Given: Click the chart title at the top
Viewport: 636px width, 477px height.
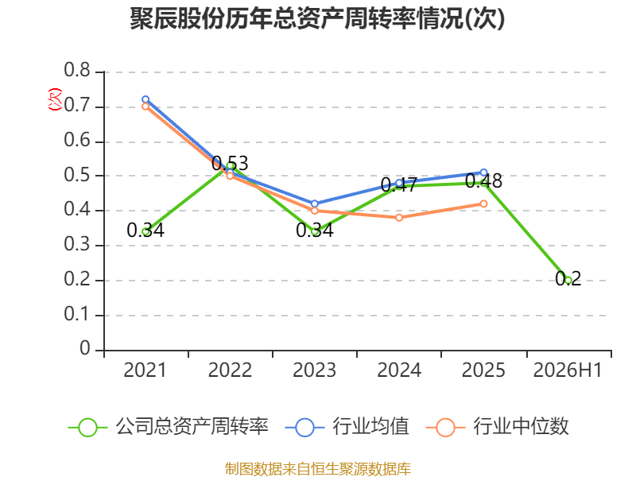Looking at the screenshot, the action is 317,18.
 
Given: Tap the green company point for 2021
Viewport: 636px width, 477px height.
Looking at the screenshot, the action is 145,231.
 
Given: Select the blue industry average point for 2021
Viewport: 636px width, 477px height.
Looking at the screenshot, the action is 145,99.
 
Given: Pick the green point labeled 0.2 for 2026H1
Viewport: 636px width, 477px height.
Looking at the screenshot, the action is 568,281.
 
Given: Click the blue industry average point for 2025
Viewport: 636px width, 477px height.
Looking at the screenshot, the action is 483,173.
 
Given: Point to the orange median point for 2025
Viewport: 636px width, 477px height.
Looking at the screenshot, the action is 483,204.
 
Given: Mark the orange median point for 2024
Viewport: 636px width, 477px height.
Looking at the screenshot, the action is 399,218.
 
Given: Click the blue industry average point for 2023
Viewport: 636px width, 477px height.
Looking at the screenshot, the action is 314,204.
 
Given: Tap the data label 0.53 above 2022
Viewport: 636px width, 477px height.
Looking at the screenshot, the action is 230,164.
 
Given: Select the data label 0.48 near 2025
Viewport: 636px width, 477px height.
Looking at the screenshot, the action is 483,181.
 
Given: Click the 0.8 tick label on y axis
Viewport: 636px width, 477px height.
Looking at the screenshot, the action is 77,70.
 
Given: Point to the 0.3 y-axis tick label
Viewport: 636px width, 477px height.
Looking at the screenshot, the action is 77,244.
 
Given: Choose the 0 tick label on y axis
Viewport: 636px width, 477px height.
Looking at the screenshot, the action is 85,348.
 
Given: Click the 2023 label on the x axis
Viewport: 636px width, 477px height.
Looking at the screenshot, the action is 314,370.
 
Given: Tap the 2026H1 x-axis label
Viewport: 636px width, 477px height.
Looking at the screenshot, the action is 568,370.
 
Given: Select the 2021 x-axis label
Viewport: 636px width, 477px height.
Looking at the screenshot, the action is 145,370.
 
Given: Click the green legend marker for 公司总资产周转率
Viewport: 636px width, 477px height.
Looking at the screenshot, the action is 87,428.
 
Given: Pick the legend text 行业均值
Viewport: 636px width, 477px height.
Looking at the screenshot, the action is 370,426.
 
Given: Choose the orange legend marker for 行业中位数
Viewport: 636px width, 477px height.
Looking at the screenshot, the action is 445,428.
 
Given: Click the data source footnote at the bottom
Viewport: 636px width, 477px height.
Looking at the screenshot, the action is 318,468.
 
